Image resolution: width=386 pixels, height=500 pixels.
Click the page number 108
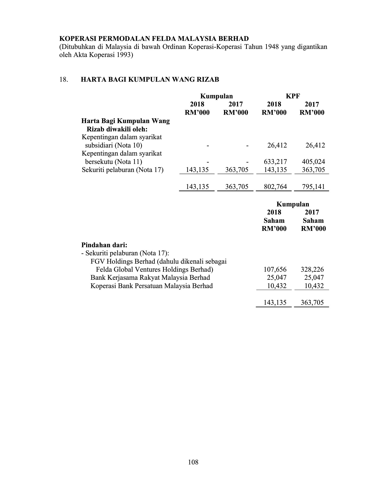[x=193, y=462]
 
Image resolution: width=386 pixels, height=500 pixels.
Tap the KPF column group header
[x=293, y=96]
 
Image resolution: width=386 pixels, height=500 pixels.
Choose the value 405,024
[x=313, y=162]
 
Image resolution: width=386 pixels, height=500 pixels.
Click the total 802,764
[x=275, y=187]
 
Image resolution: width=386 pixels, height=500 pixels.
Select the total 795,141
[x=313, y=187]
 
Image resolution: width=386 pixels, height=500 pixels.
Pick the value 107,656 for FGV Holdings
[x=275, y=269]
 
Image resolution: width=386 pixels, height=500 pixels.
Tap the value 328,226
[x=312, y=269]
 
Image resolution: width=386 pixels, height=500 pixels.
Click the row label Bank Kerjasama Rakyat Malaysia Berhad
[x=150, y=277]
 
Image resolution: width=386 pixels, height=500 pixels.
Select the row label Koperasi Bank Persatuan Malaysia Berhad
[x=151, y=286]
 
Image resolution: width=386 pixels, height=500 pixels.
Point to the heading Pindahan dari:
[x=104, y=245]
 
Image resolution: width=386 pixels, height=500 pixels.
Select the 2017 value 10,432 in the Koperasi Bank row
[x=314, y=286]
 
